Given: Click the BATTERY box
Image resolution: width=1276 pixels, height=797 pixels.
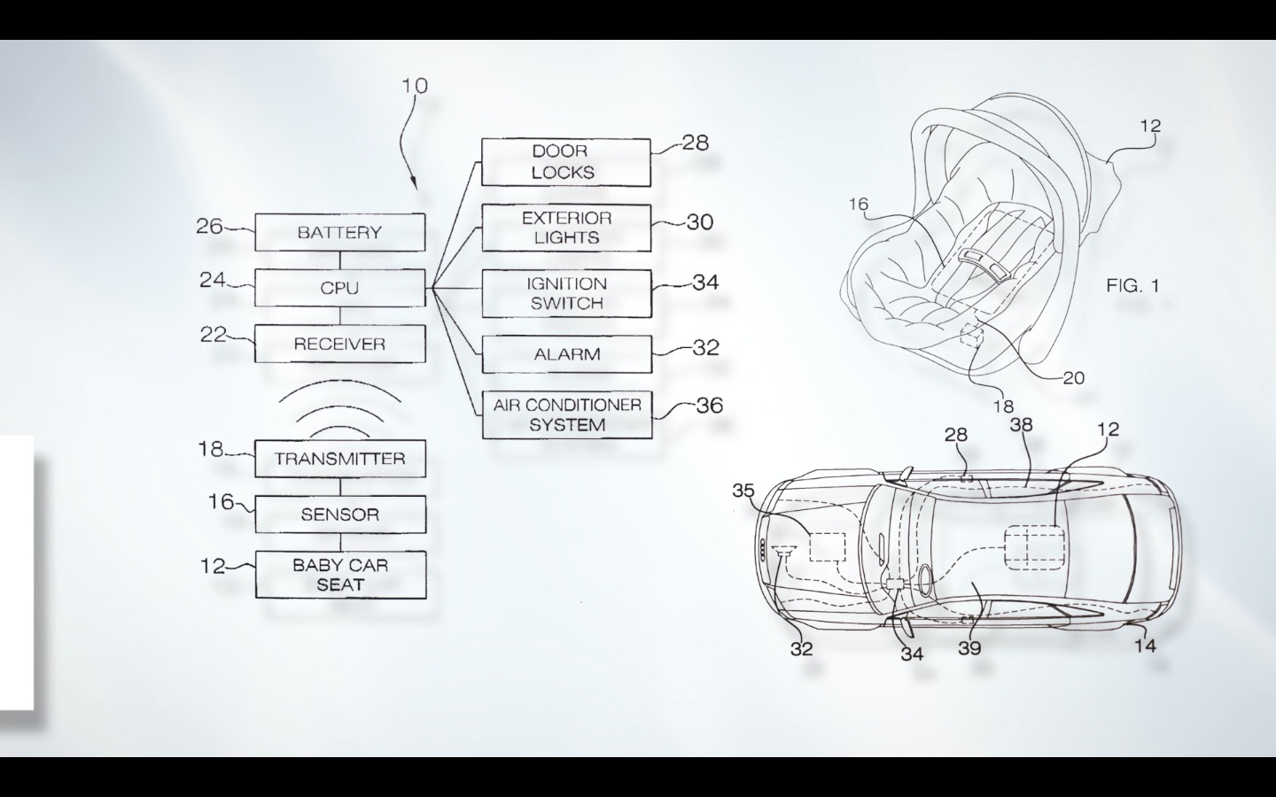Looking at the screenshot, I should pyautogui.click(x=339, y=232).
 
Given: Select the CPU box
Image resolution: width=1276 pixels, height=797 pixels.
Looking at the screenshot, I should pyautogui.click(x=339, y=288).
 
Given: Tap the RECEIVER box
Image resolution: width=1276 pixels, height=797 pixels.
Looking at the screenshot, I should pyautogui.click(x=339, y=344).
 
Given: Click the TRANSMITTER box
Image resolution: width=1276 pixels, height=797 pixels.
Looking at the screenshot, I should pyautogui.click(x=339, y=459).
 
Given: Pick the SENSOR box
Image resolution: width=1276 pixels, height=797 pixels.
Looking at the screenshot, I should pyautogui.click(x=339, y=515).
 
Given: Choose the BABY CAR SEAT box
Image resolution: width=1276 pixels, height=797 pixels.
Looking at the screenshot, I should pyautogui.click(x=340, y=575).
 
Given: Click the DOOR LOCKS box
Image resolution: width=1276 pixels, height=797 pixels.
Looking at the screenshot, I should pyautogui.click(x=565, y=162).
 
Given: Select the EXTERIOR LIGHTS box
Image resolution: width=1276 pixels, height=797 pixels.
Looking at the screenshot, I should pyautogui.click(x=565, y=228).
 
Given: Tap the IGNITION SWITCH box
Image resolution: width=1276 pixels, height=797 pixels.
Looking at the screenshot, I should pyautogui.click(x=565, y=293).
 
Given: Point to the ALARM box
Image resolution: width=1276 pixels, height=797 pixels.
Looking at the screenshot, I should pyautogui.click(x=566, y=354).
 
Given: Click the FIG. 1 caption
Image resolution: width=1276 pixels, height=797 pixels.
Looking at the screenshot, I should pyautogui.click(x=1132, y=285).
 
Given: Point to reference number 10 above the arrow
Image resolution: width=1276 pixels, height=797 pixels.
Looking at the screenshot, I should pyautogui.click(x=414, y=86).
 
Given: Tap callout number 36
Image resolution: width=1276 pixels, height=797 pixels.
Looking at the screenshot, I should pyautogui.click(x=709, y=406).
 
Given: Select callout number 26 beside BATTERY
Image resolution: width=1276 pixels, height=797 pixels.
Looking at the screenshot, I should pyautogui.click(x=209, y=227).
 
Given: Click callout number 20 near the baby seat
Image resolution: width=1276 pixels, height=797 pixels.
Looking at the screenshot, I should pyautogui.click(x=1073, y=378).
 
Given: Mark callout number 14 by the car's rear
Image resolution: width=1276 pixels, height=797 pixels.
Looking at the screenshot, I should pyautogui.click(x=1145, y=646).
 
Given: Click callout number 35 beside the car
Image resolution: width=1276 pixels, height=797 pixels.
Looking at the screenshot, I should pyautogui.click(x=743, y=490).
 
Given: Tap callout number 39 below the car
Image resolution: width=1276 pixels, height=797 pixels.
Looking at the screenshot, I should pyautogui.click(x=969, y=648).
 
